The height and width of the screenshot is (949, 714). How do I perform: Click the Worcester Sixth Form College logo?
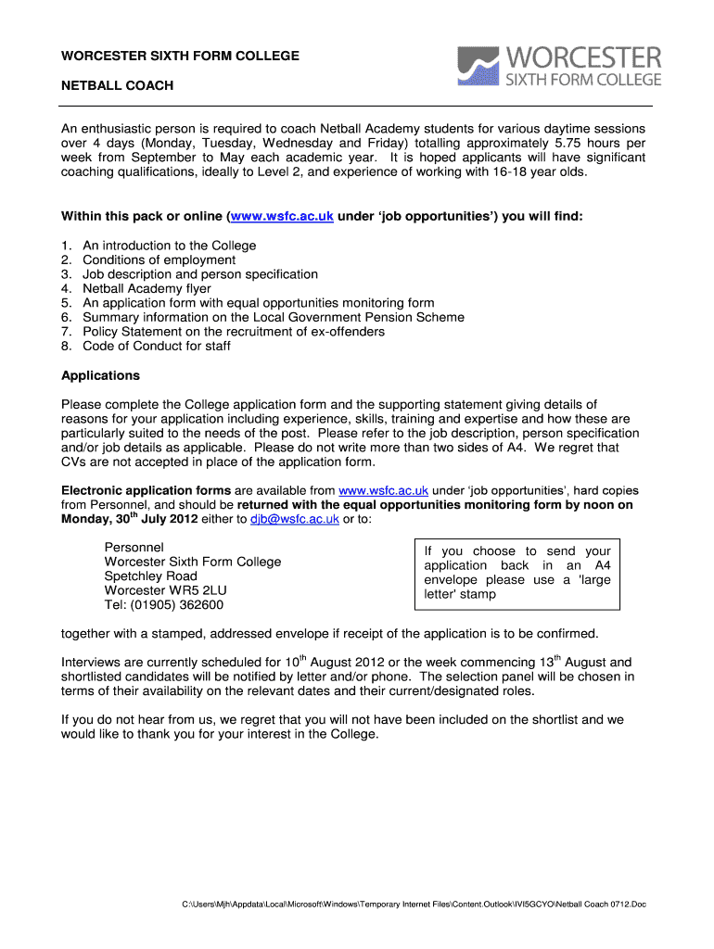[x=559, y=67]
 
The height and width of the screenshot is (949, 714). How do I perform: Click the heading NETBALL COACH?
[x=117, y=86]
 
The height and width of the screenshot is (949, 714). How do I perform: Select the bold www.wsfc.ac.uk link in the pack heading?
[x=282, y=216]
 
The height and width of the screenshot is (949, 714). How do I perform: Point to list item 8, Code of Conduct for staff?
[x=157, y=346]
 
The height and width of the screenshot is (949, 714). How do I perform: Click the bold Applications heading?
[x=100, y=375]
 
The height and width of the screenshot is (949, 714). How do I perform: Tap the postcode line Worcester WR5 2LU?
[x=165, y=590]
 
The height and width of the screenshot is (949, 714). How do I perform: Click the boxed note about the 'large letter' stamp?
[x=516, y=573]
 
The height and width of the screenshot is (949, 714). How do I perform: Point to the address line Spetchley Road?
[x=150, y=576]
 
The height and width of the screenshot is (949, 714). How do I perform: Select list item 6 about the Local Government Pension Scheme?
[x=273, y=317]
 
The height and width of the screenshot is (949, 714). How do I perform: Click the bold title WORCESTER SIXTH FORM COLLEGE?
[x=180, y=56]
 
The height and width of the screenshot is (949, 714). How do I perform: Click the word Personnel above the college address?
[x=134, y=548]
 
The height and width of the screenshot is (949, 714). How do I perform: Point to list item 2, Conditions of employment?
[x=159, y=259]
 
